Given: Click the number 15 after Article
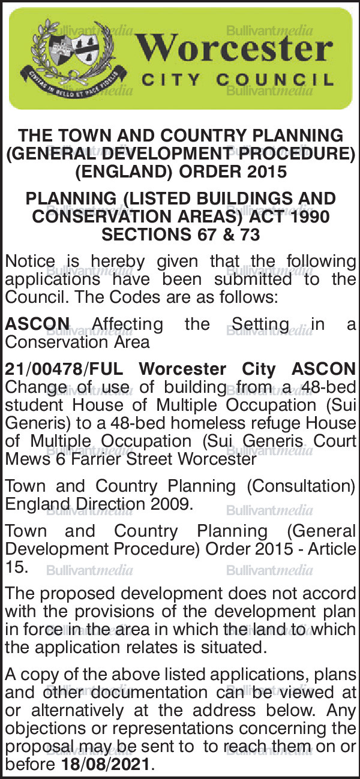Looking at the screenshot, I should pyautogui.click(x=16, y=567).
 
